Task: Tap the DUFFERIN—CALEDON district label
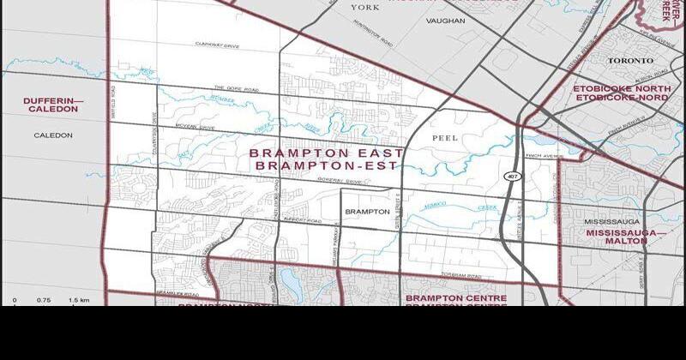[53, 105]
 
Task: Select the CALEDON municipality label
[53, 135]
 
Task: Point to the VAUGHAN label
[445, 22]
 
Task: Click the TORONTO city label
[630, 61]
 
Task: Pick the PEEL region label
[448, 137]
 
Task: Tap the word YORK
[364, 8]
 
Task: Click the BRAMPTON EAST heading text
[326, 153]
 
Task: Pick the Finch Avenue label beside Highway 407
[543, 156]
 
